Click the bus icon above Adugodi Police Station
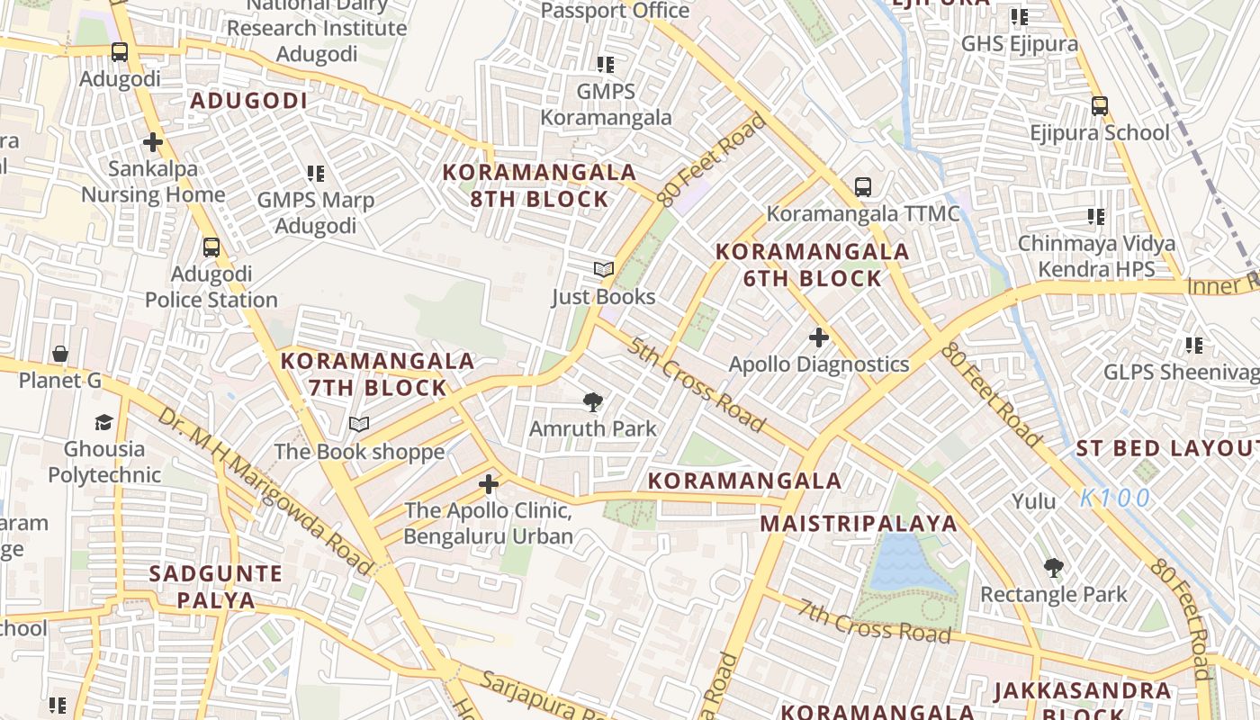[x=211, y=247]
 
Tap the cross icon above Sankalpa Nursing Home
[x=153, y=142]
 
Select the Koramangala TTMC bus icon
[x=863, y=187]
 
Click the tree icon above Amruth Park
[x=592, y=402]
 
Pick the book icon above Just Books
[x=603, y=269]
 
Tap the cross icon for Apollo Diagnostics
[x=818, y=337]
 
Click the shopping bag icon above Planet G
[x=60, y=354]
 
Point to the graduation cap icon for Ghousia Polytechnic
[x=103, y=422]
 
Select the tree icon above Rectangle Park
[x=1053, y=568]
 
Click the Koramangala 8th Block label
[x=539, y=185]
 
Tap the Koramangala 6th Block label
[x=812, y=265]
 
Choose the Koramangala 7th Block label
[x=377, y=374]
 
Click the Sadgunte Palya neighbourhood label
[x=216, y=586]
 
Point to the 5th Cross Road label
[x=697, y=384]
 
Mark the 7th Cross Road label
[x=874, y=621]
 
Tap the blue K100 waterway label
[x=1115, y=498]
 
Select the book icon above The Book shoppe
[x=359, y=424]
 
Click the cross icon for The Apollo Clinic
[x=488, y=485]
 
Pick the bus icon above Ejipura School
[x=1099, y=106]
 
